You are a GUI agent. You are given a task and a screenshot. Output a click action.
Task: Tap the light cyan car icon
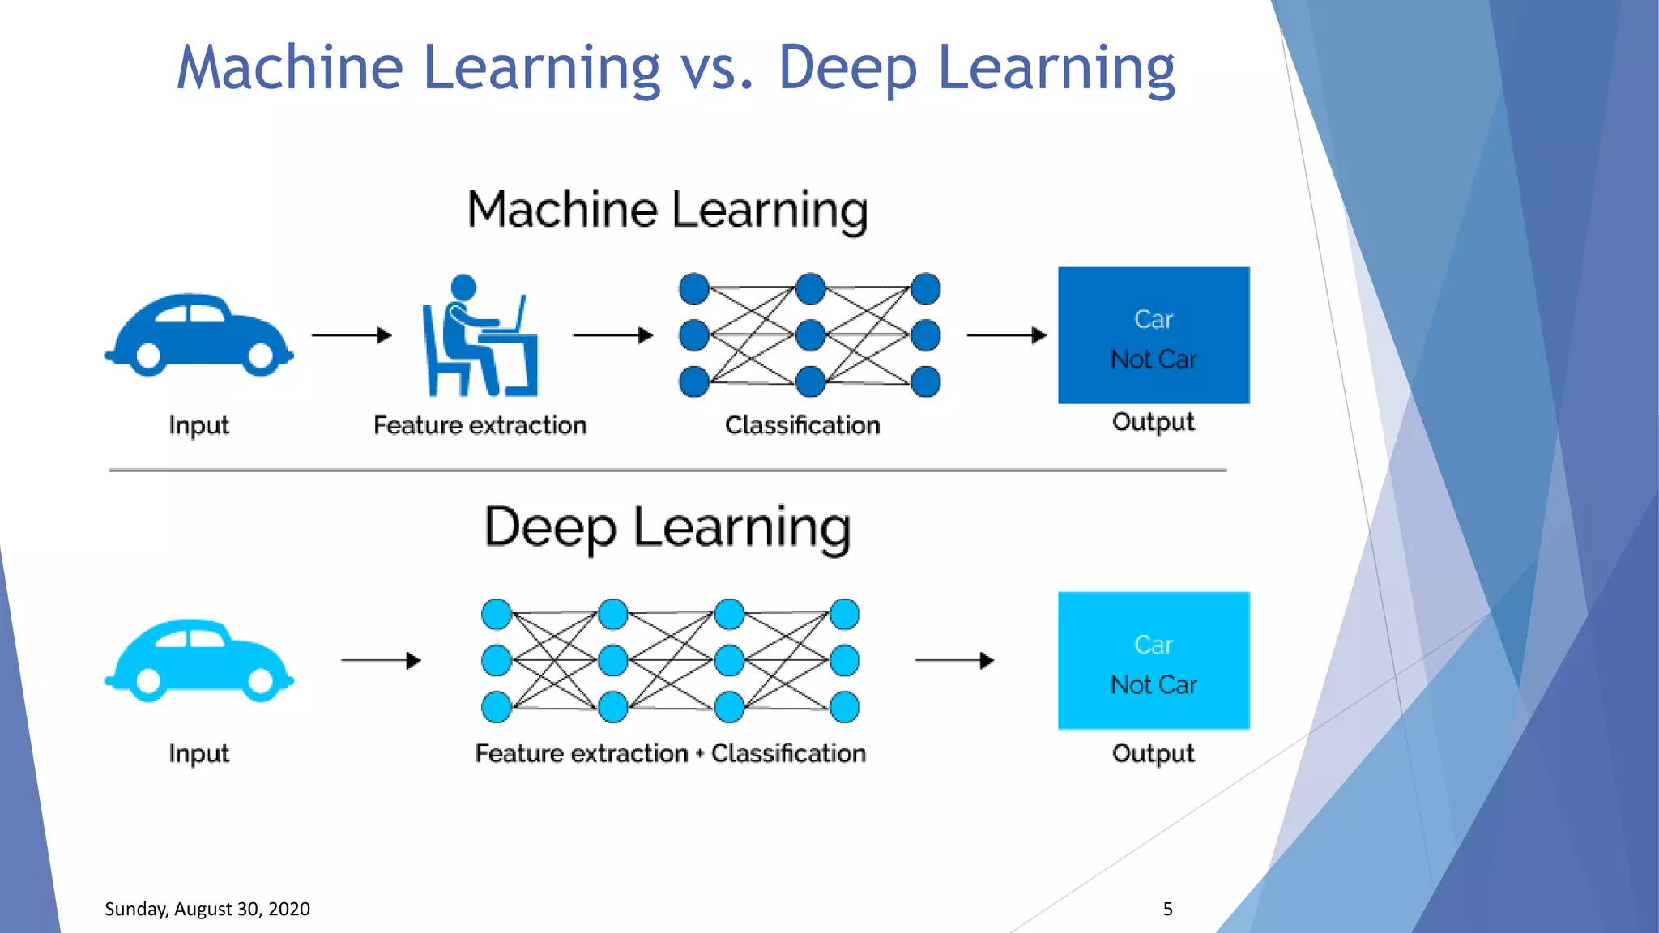(x=198, y=661)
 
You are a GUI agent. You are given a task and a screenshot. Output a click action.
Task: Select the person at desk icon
(x=480, y=336)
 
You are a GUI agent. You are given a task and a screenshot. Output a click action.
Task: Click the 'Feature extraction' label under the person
(x=480, y=425)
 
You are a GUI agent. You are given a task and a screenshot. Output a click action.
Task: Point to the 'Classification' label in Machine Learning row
(x=802, y=425)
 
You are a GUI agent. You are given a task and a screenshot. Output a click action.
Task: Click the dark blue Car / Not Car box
(x=1154, y=335)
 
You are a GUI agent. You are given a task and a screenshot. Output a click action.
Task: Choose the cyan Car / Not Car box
(x=1154, y=661)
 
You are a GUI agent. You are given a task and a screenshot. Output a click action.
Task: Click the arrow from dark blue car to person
(x=352, y=335)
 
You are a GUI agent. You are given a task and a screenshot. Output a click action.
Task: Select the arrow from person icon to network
(x=612, y=335)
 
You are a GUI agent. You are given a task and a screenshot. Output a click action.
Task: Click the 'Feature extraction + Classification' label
(x=670, y=753)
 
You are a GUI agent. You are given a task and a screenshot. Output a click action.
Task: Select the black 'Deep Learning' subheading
(x=667, y=528)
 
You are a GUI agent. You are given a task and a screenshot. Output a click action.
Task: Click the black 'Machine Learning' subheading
(x=667, y=210)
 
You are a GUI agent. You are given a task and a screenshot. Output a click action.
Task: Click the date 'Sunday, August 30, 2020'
(x=207, y=909)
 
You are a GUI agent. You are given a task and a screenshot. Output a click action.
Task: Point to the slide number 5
(x=1167, y=909)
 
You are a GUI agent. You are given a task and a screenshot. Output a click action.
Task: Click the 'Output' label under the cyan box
(x=1153, y=753)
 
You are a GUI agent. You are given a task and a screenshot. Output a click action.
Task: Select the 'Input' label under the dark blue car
(x=198, y=425)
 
